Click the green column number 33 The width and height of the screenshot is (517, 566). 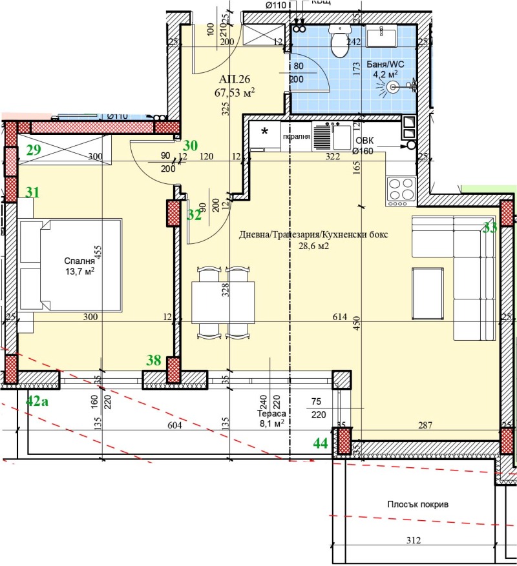tap(491, 227)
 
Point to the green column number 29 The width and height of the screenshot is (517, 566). tap(34, 151)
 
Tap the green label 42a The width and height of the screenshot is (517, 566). tap(37, 400)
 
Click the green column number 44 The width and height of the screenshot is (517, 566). tap(320, 443)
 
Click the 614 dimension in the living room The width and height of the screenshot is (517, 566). tap(341, 317)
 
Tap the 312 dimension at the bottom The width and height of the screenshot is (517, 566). tap(414, 540)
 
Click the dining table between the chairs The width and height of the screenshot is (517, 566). tap(222, 301)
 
